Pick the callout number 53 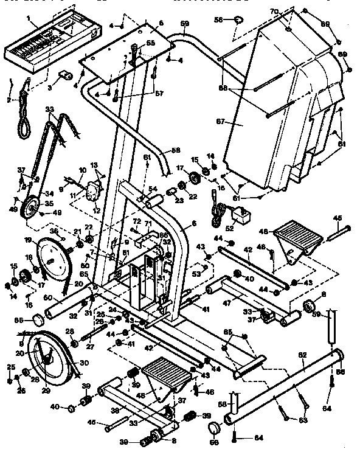pos(197,275)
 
